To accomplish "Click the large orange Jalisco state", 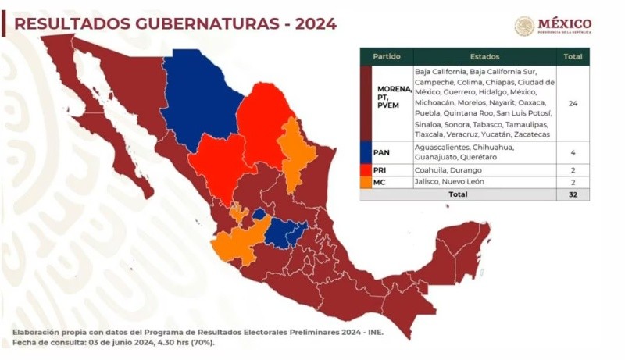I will pos(237,246).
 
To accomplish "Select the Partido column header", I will pos(387,57).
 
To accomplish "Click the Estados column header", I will pos(485,57).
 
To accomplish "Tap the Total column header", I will pos(573,57).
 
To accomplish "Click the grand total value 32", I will pos(573,194).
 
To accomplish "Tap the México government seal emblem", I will pos(524,26).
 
